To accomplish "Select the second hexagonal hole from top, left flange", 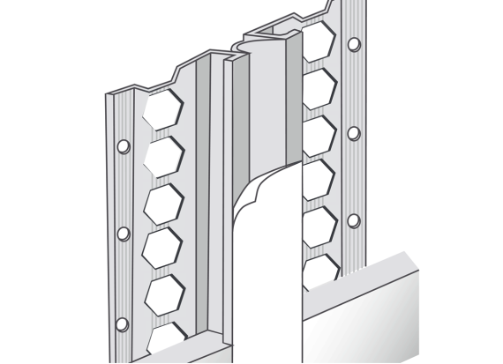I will pyautogui.click(x=162, y=156).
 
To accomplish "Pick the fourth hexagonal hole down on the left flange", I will pyautogui.click(x=162, y=247).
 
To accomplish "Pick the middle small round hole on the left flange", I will pyautogui.click(x=124, y=234).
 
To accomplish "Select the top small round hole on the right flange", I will pyautogui.click(x=354, y=44).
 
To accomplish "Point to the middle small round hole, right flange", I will pyautogui.click(x=354, y=132).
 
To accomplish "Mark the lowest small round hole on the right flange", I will pyautogui.click(x=354, y=219).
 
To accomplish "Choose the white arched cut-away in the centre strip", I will pyautogui.click(x=265, y=264).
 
